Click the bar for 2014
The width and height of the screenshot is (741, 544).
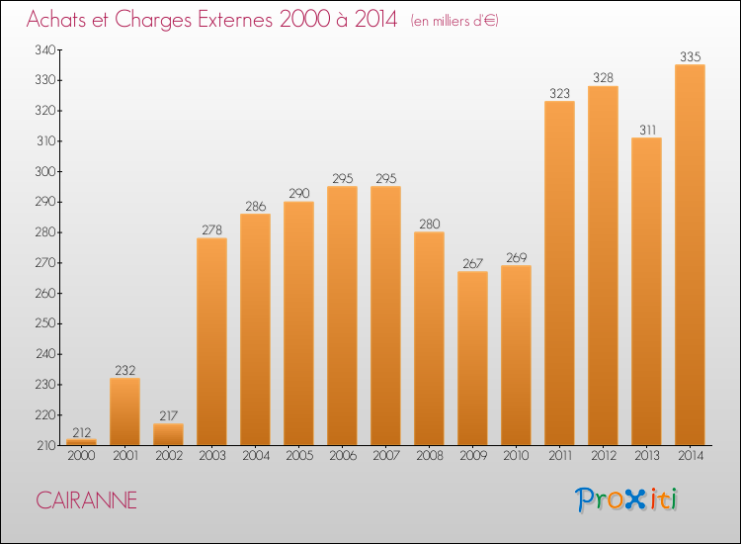690,255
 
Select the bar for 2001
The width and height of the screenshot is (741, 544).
124,411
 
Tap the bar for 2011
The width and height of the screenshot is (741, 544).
559,273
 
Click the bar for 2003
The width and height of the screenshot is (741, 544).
211,341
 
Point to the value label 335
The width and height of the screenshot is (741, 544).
690,55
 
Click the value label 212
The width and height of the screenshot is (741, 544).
81,431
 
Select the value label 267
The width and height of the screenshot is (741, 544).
472,262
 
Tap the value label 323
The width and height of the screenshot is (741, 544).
559,93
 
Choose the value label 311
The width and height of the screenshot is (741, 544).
646,130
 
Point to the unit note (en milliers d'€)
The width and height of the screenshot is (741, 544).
455,21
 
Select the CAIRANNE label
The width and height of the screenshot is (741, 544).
87,500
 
